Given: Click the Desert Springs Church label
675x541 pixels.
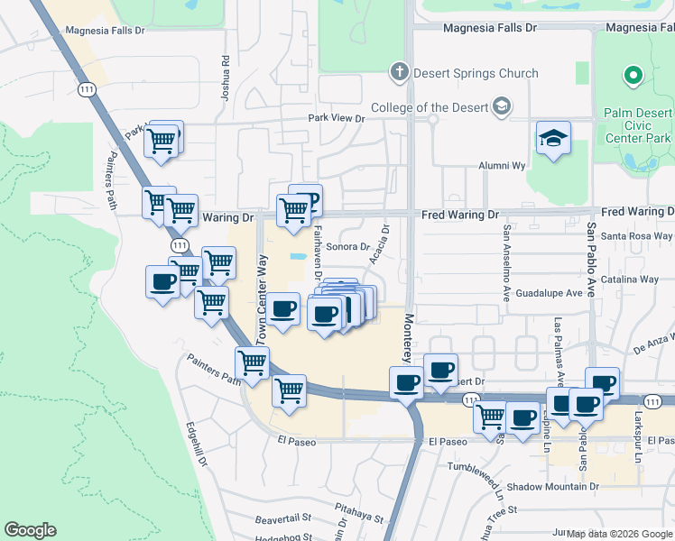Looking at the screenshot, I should pyautogui.click(x=476, y=73).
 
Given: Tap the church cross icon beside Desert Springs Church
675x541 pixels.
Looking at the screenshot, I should pyautogui.click(x=399, y=72).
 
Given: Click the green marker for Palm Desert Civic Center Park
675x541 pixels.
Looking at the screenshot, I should pyautogui.click(x=633, y=76).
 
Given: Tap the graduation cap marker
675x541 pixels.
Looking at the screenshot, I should pyautogui.click(x=553, y=139).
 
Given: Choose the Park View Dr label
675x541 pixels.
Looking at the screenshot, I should pyautogui.click(x=336, y=118).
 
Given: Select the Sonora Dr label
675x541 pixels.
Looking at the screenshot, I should pyautogui.click(x=348, y=246).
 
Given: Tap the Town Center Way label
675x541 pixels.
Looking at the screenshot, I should pyautogui.click(x=264, y=297).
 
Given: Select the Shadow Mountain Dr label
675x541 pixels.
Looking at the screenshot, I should pyautogui.click(x=552, y=487).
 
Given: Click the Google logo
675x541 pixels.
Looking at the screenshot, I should pyautogui.click(x=30, y=530).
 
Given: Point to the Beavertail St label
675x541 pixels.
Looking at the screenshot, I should pyautogui.click(x=282, y=519).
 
